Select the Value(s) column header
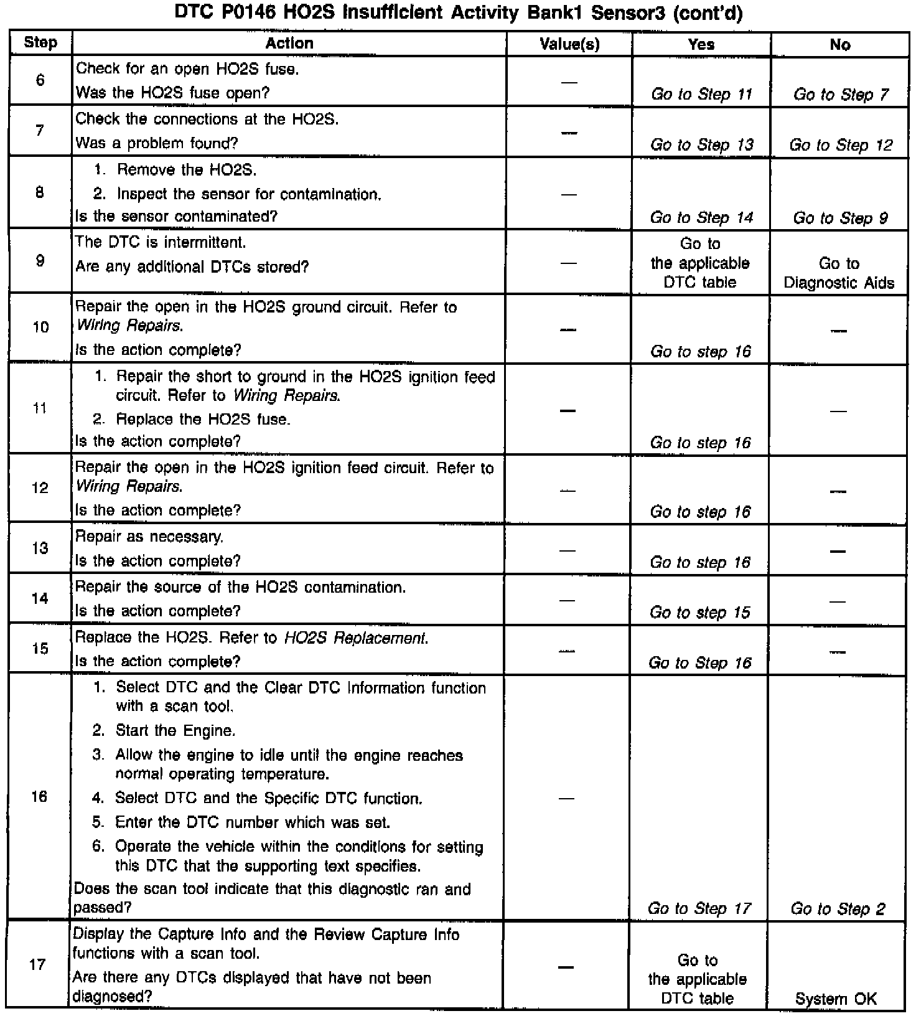point(569,44)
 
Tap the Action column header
point(289,44)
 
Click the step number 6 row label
point(40,80)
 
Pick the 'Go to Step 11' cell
point(701,95)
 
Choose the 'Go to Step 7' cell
point(840,95)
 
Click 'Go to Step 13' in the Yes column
point(701,145)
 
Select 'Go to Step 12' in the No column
point(840,145)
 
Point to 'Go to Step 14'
point(701,218)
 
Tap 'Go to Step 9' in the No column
point(840,218)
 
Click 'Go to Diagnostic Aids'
point(839,273)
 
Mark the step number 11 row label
point(40,409)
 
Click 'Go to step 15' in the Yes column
point(700,613)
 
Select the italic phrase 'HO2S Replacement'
point(355,638)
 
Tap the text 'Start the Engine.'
point(175,731)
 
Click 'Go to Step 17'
point(699,909)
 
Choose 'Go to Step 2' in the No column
point(838,909)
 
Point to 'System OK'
point(836,999)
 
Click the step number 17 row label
point(38,965)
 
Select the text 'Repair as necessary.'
point(149,537)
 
